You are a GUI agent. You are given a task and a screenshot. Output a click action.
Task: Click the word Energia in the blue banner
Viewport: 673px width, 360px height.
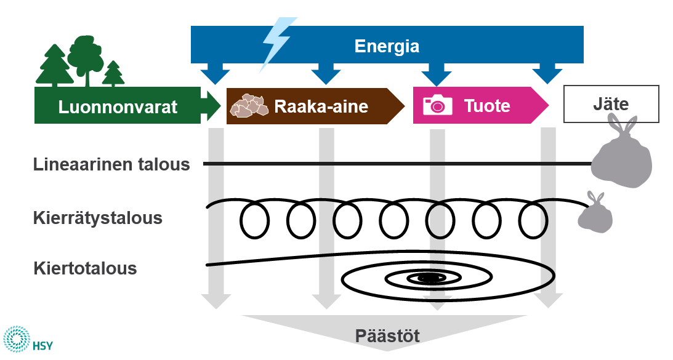pyautogui.click(x=387, y=46)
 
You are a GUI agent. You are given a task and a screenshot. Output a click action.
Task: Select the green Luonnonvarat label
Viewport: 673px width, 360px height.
pyautogui.click(x=118, y=106)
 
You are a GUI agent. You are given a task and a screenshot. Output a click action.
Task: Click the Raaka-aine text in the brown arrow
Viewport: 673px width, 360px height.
pyautogui.click(x=321, y=106)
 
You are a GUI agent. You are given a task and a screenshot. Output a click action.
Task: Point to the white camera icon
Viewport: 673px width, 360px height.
pyautogui.click(x=437, y=105)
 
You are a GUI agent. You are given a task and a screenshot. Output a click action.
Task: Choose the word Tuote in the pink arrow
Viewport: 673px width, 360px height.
pyautogui.click(x=486, y=106)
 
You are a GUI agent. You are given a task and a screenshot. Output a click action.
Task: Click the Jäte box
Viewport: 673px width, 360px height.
pyautogui.click(x=611, y=103)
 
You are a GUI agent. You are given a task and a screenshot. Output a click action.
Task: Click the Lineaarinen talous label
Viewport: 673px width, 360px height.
pyautogui.click(x=111, y=164)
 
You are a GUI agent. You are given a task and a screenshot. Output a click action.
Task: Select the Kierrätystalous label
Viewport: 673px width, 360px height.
pyautogui.click(x=99, y=218)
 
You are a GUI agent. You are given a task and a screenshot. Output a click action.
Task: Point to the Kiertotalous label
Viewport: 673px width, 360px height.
pyautogui.click(x=86, y=268)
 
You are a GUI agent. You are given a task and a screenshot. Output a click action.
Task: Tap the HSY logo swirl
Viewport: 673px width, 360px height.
pyautogui.click(x=17, y=340)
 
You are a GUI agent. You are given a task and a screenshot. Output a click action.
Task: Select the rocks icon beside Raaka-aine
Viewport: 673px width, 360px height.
pyautogui.click(x=249, y=106)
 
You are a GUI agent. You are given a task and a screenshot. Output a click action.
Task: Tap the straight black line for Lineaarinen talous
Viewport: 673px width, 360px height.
pyautogui.click(x=394, y=164)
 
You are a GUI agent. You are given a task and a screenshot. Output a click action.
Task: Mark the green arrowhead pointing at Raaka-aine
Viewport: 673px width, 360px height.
pyautogui.click(x=213, y=106)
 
